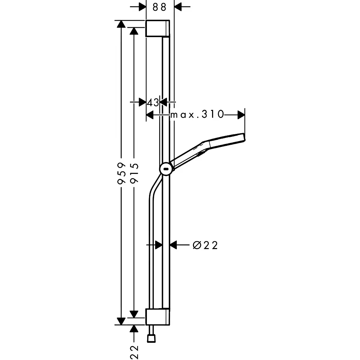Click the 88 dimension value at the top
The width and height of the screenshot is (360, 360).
coord(159,7)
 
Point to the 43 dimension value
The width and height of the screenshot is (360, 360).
coord(153,102)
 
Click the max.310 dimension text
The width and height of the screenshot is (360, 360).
coord(197,114)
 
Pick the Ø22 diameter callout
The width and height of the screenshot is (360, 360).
coord(205,246)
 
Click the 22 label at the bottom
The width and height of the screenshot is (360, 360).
coord(134,352)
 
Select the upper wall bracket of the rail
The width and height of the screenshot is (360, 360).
coord(158,28)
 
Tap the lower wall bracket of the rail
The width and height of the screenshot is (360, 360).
coord(158,317)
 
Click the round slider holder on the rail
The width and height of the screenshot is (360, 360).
coord(166,170)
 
